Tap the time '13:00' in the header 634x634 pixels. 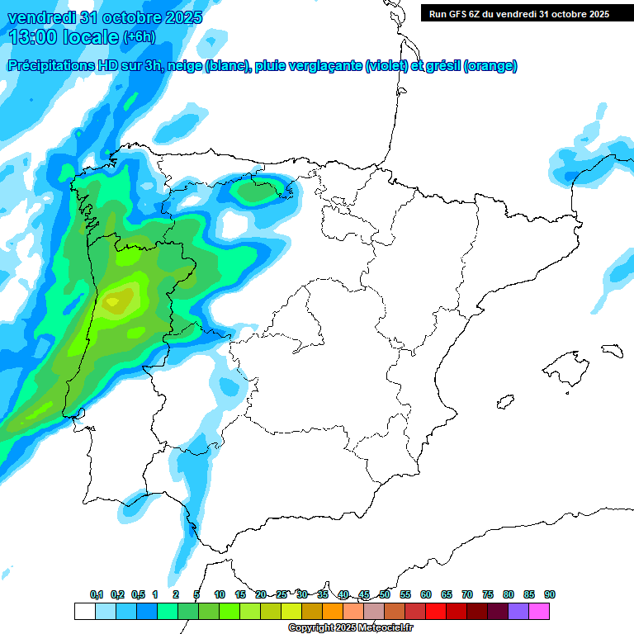click(x=34, y=36)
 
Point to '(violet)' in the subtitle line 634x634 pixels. click(x=386, y=66)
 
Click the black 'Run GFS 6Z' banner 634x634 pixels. click(x=518, y=13)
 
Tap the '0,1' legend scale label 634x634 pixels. click(x=97, y=594)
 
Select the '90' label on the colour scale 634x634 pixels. click(x=550, y=594)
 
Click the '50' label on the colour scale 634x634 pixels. click(x=385, y=594)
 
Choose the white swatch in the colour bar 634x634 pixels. click(x=84, y=612)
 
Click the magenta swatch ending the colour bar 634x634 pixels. click(x=539, y=612)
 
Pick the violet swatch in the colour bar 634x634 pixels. click(x=518, y=612)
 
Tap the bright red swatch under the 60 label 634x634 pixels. click(x=436, y=612)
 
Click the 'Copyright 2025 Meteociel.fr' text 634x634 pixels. click(x=351, y=628)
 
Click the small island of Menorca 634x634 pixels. click(x=611, y=350)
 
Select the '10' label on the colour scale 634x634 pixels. click(x=220, y=594)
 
